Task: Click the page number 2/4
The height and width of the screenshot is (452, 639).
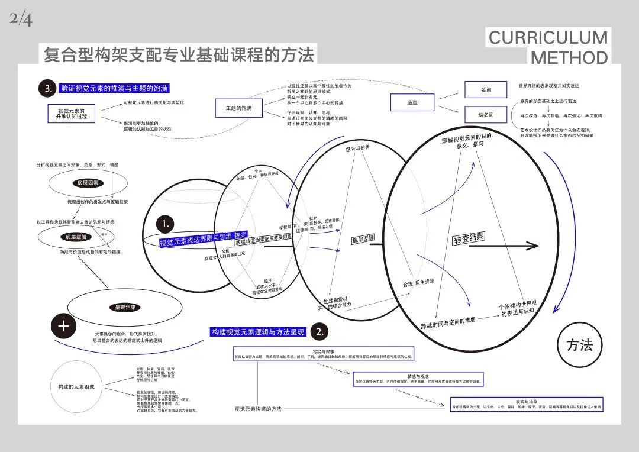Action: [x=21, y=20]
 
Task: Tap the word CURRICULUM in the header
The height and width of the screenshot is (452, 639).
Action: [x=547, y=38]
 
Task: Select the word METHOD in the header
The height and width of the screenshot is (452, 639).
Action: [x=569, y=57]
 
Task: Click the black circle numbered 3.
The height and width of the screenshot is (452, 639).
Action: [x=48, y=89]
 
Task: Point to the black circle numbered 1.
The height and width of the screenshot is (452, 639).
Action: [x=166, y=224]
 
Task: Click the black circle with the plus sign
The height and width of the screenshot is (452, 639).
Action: [x=64, y=326]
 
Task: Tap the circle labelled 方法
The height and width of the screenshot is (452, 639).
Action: [x=579, y=345]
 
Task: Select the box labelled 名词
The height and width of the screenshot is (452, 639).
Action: [x=486, y=89]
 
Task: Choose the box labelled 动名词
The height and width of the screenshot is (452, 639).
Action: [x=486, y=114]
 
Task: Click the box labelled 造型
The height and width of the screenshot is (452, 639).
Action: [x=412, y=102]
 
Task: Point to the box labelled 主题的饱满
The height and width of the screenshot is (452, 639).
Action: [x=238, y=108]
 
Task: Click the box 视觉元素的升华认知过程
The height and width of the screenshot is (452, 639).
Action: [x=72, y=114]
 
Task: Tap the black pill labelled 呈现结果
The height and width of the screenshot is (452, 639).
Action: [x=125, y=307]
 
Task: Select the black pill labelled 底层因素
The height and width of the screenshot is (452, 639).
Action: [x=88, y=183]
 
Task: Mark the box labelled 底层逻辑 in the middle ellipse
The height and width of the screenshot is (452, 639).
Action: [x=363, y=240]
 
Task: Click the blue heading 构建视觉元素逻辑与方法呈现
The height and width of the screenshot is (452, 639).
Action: [x=258, y=332]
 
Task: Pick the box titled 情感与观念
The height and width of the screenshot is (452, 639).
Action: [x=418, y=379]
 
